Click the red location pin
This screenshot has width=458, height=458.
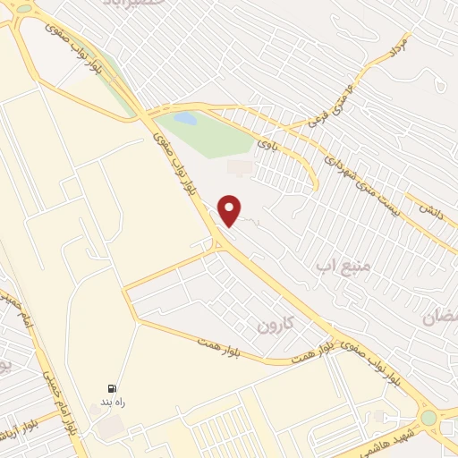(x=230, y=209)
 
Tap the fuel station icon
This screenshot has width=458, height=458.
(x=111, y=389)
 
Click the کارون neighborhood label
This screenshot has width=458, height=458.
(x=274, y=320)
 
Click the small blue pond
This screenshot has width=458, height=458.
(x=184, y=117)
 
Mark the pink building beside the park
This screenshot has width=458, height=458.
(x=240, y=166)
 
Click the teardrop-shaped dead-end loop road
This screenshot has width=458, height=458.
(x=438, y=82)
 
